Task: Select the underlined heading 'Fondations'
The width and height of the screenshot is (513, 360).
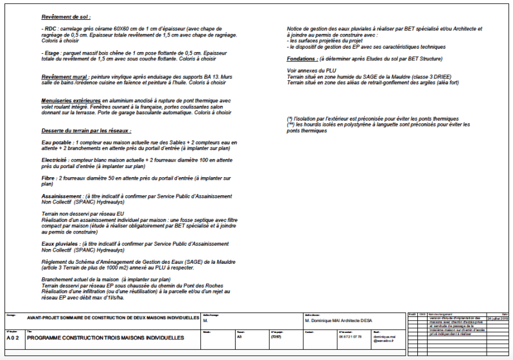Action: click(306, 58)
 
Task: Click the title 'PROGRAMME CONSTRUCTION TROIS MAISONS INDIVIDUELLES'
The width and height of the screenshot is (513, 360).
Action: click(105, 337)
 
